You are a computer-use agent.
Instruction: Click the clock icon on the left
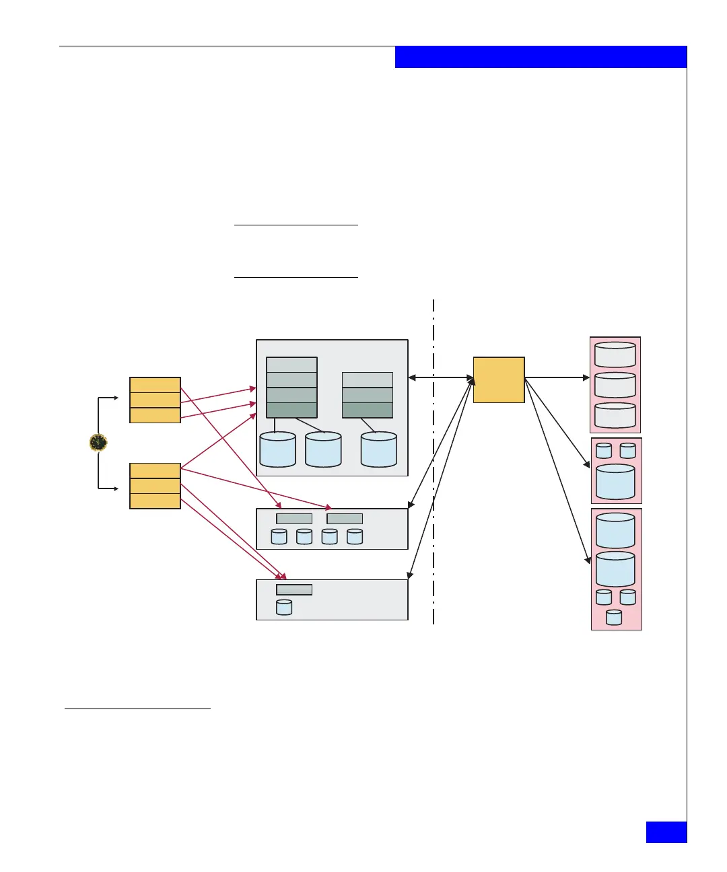pyautogui.click(x=98, y=442)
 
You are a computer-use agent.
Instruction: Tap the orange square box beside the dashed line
pyautogui.click(x=499, y=380)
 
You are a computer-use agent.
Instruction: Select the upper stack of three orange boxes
pyautogui.click(x=155, y=400)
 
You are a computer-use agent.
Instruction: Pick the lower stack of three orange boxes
pyautogui.click(x=155, y=486)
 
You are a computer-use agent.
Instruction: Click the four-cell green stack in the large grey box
pyautogui.click(x=291, y=388)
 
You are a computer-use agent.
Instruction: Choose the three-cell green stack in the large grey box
pyautogui.click(x=368, y=395)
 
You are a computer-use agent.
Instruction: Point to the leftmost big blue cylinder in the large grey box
pyautogui.click(x=277, y=449)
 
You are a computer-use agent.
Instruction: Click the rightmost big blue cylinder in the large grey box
pyautogui.click(x=379, y=449)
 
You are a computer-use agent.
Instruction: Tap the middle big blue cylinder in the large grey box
pyautogui.click(x=323, y=449)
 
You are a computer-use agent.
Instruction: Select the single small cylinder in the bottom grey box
pyautogui.click(x=284, y=608)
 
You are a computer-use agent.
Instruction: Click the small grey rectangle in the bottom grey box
pyautogui.click(x=294, y=590)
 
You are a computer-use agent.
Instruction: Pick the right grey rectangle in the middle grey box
pyautogui.click(x=345, y=519)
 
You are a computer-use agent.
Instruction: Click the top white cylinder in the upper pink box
pyautogui.click(x=615, y=355)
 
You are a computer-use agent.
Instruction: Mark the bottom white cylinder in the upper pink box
pyautogui.click(x=615, y=415)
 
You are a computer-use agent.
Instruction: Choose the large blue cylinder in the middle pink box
pyautogui.click(x=615, y=482)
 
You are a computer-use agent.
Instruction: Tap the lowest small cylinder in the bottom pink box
pyautogui.click(x=614, y=617)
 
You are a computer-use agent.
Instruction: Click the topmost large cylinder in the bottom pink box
pyautogui.click(x=615, y=530)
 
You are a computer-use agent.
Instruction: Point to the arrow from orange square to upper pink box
pyautogui.click(x=557, y=378)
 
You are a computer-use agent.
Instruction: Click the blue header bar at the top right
pyautogui.click(x=541, y=57)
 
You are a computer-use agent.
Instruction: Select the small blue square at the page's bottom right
pyautogui.click(x=666, y=832)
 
